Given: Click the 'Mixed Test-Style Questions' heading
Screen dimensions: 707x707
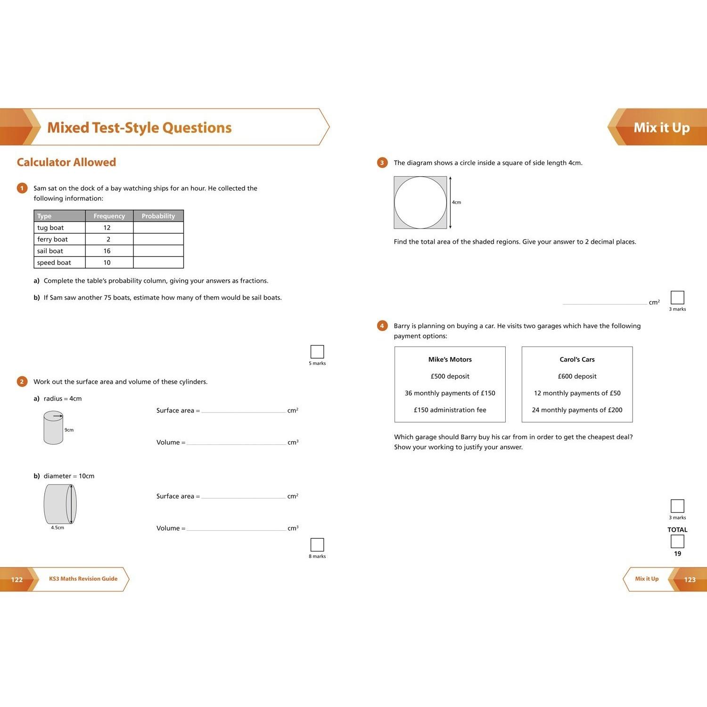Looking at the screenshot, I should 140,128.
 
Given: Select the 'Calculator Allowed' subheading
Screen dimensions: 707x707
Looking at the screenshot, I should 66,162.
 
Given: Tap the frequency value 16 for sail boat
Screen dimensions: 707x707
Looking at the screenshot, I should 107,251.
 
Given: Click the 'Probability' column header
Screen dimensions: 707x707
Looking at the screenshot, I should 158,216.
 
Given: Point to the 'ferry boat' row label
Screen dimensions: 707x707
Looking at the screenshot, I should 53,239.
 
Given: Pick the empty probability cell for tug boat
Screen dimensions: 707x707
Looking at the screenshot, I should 158,228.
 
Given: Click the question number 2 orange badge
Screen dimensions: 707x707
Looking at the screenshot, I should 22,382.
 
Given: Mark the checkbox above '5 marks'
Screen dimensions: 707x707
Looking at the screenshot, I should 317,352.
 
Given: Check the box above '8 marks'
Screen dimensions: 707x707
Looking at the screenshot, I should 317,545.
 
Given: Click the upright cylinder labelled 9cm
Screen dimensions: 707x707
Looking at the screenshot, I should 53,428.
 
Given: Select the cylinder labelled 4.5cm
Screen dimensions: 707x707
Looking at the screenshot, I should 60,504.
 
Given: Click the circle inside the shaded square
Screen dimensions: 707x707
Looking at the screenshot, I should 420,203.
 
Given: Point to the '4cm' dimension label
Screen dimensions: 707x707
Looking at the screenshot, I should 457,203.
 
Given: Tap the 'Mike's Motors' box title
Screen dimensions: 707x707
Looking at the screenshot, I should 450,360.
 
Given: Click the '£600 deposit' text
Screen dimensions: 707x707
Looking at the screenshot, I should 577,377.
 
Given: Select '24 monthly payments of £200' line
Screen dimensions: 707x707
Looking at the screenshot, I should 577,410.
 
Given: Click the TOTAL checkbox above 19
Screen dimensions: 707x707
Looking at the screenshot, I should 677,542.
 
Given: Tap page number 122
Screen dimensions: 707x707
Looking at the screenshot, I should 17,580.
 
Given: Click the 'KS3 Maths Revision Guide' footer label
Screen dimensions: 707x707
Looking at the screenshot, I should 83,579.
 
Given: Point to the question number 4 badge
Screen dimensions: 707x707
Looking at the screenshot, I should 382,326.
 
